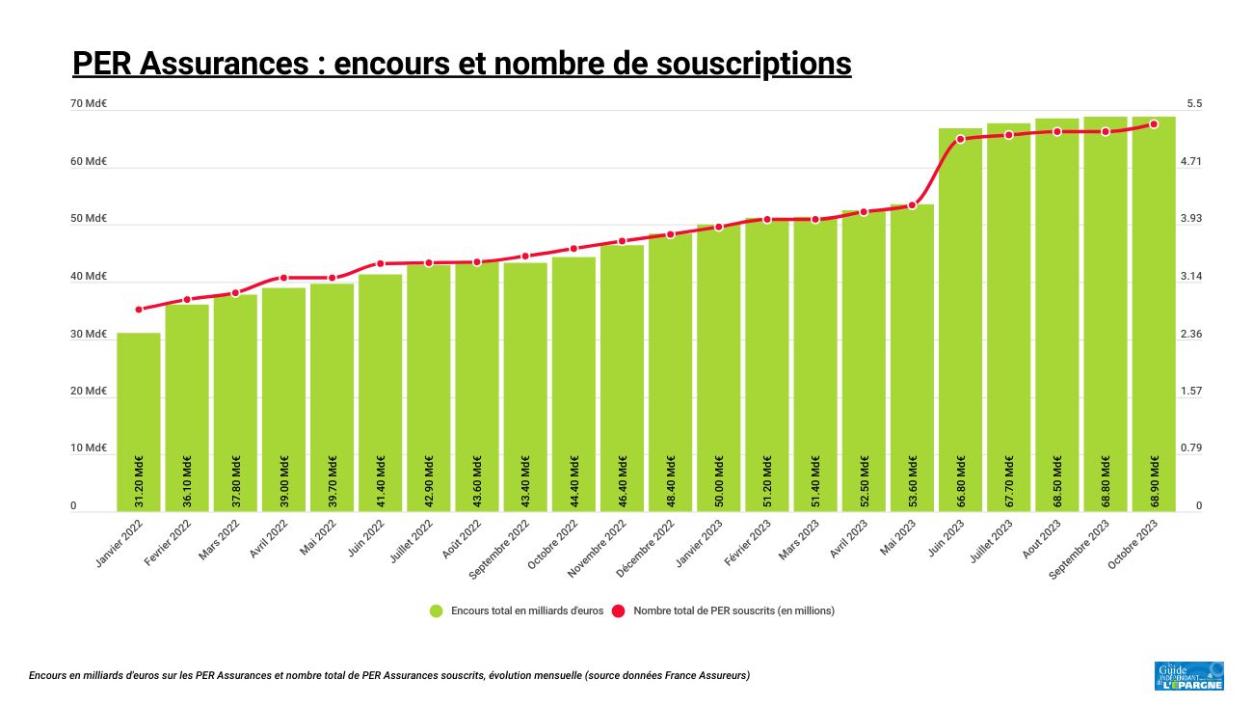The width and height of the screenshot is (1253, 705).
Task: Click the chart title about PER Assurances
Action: point(462,64)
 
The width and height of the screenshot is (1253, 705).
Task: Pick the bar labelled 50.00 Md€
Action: point(719,366)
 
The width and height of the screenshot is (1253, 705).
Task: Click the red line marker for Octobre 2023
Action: point(1154,124)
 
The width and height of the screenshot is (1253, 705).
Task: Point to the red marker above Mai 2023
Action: point(912,205)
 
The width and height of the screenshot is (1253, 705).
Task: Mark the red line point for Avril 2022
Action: point(283,278)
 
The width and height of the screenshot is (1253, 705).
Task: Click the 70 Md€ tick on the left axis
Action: point(89,104)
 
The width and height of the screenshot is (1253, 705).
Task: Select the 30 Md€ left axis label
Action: point(89,335)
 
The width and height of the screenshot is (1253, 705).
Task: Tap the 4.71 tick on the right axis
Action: point(1192,162)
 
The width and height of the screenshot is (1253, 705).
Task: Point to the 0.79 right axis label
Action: point(1192,448)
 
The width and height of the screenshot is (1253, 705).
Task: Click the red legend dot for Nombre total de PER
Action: point(619,610)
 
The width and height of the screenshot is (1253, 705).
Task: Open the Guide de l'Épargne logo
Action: point(1188,675)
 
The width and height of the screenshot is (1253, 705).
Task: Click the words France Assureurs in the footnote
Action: point(713,675)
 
